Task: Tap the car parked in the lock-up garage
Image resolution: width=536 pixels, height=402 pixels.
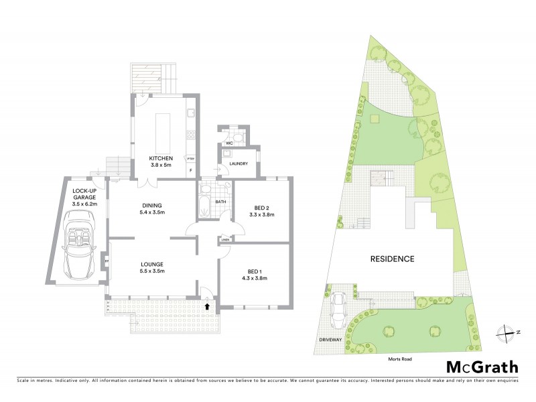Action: [x=80, y=245]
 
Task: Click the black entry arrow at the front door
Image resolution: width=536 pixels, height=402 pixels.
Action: [x=207, y=306]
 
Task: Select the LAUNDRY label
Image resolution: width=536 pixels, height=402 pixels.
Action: [x=238, y=163]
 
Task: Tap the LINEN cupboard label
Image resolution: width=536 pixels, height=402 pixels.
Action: [x=226, y=239]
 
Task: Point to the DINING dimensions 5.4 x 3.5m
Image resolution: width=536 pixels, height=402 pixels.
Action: [x=152, y=212]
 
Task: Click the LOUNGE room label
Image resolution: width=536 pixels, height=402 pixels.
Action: [x=152, y=264]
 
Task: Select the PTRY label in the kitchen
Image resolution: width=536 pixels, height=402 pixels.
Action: [x=190, y=159]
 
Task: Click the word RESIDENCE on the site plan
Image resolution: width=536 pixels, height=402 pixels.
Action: [x=392, y=259]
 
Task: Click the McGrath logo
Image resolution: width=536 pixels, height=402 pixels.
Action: [x=482, y=366]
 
